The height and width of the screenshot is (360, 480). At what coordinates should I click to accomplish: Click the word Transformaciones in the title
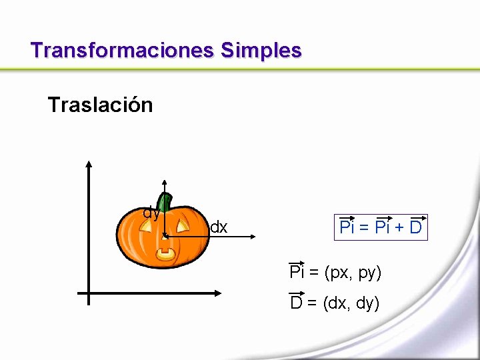tap(122, 50)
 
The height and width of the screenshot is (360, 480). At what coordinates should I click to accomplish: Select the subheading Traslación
tap(100, 105)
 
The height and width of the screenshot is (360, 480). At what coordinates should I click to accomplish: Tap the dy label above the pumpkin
tap(151, 213)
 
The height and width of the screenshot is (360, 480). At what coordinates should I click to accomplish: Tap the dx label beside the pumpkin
tap(219, 228)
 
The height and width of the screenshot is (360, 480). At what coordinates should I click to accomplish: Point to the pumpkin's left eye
tap(147, 223)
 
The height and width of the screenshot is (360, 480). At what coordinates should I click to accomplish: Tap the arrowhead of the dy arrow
tap(164, 181)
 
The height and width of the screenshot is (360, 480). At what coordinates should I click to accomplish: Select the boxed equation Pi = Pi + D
tap(381, 227)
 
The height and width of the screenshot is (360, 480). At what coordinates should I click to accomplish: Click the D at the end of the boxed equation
tap(415, 228)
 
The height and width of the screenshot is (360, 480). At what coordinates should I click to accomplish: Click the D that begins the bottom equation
tap(296, 303)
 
